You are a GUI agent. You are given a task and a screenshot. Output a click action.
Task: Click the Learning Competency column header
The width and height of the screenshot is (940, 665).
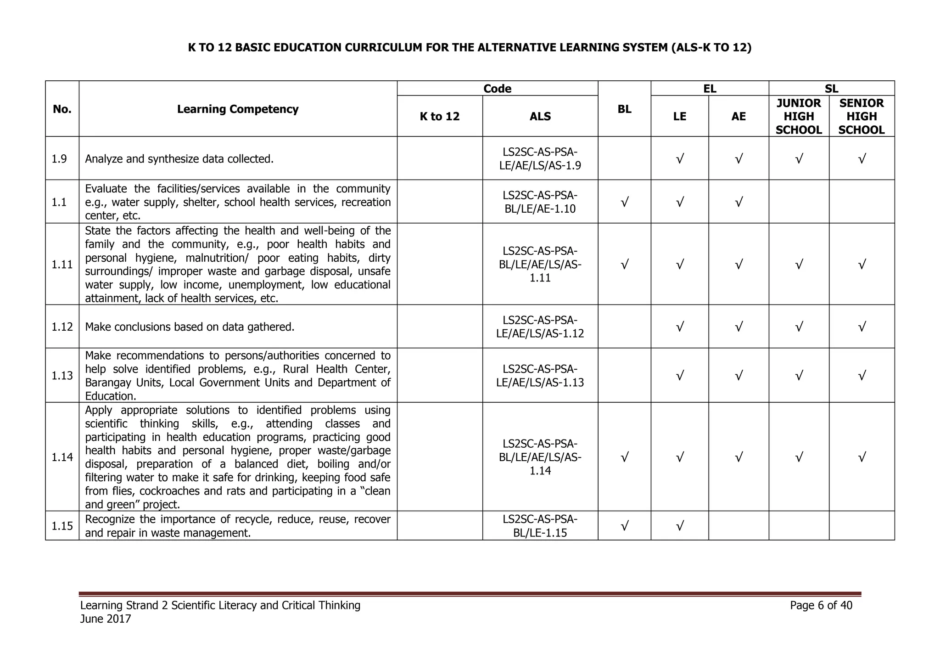click(x=238, y=109)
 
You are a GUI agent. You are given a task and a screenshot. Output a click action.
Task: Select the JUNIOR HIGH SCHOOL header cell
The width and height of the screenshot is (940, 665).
click(x=799, y=116)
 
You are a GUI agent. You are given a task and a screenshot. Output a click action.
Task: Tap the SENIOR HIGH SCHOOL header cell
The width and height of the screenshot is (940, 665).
click(x=862, y=116)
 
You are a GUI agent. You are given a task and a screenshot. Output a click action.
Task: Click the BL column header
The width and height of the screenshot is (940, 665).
click(x=624, y=109)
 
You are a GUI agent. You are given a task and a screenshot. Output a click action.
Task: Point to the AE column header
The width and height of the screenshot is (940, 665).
click(x=739, y=116)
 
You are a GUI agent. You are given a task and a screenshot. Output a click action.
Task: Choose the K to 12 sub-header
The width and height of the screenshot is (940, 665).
click(x=439, y=116)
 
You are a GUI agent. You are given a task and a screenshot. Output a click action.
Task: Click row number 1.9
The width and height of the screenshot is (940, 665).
click(x=60, y=159)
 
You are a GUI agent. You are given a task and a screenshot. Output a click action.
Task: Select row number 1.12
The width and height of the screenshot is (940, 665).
click(x=62, y=327)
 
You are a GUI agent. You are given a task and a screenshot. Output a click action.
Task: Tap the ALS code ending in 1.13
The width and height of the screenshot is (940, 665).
click(x=540, y=376)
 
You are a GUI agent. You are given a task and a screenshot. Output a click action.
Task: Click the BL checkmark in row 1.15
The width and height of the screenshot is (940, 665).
click(x=624, y=526)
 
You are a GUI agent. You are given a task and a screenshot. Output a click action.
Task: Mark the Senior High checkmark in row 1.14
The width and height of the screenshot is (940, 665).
click(x=862, y=457)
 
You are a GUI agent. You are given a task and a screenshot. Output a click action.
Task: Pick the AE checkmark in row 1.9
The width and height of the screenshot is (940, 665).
click(x=739, y=159)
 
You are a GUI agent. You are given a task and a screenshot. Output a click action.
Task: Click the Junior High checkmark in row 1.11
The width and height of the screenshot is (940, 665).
click(x=799, y=265)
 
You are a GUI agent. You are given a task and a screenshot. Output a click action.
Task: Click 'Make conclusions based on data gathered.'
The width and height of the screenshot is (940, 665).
click(x=190, y=327)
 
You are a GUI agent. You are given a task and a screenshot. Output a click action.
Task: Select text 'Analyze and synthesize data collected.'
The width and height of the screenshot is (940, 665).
click(x=179, y=159)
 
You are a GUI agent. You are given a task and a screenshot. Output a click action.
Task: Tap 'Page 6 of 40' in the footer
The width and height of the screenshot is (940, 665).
click(x=821, y=605)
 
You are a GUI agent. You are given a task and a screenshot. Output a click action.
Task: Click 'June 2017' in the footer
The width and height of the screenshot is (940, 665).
click(x=106, y=619)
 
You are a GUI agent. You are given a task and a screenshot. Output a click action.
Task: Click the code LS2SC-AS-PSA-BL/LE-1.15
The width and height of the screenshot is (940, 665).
click(x=540, y=526)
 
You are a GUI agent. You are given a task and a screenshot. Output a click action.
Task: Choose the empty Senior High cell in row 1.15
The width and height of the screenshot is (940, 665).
click(x=862, y=526)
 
